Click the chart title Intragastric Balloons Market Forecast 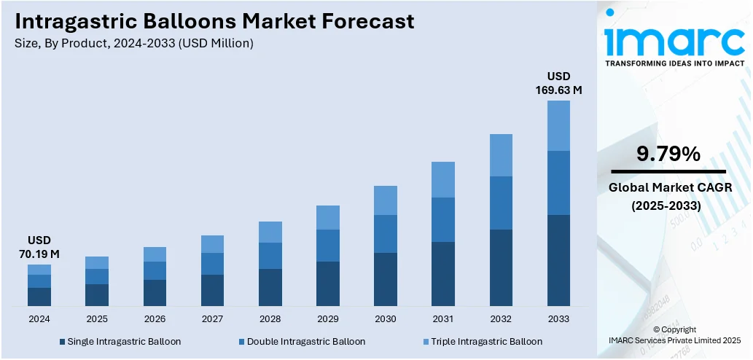pyautogui.click(x=214, y=21)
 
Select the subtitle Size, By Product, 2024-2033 pyautogui.click(x=133, y=44)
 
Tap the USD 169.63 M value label pyautogui.click(x=559, y=83)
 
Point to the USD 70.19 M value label pyautogui.click(x=39, y=247)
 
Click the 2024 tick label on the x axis pyautogui.click(x=39, y=319)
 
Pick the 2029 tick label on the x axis pyautogui.click(x=328, y=319)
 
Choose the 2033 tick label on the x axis pyautogui.click(x=558, y=319)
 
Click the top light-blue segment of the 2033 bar pyautogui.click(x=558, y=125)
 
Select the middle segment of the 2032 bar pyautogui.click(x=501, y=203)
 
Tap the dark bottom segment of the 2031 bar pyautogui.click(x=443, y=273)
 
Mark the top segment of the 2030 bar pyautogui.click(x=386, y=200)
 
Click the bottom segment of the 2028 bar pyautogui.click(x=270, y=287)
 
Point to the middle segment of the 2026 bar pyautogui.click(x=155, y=270)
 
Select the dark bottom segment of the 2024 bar pyautogui.click(x=39, y=297)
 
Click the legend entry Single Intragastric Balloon pyautogui.click(x=120, y=341)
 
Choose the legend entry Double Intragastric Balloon pyautogui.click(x=302, y=341)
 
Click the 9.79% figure pyautogui.click(x=668, y=154)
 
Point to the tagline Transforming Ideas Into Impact pyautogui.click(x=674, y=63)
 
